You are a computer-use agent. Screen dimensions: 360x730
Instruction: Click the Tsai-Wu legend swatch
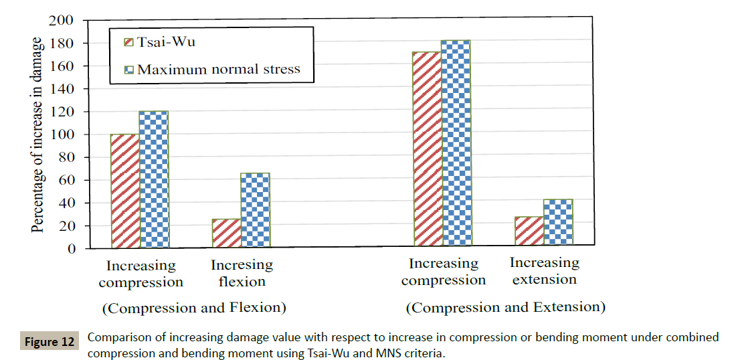(130, 43)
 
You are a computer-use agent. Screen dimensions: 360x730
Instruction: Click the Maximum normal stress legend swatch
(130, 69)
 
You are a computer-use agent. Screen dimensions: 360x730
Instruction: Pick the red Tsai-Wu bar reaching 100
(124, 191)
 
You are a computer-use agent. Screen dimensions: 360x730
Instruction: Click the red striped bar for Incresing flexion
(226, 233)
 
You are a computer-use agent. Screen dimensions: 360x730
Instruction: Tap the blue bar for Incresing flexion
(255, 210)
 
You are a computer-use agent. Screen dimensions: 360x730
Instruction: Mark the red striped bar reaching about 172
(427, 149)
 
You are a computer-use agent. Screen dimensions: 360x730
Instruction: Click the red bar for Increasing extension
(529, 232)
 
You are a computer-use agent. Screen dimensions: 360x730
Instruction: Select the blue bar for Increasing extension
(558, 223)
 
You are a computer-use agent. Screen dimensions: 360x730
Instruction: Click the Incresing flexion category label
(242, 273)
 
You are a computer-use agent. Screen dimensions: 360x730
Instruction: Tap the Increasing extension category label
(544, 271)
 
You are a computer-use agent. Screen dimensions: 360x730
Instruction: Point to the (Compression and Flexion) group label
(194, 308)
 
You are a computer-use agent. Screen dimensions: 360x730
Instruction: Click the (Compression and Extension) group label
(506, 307)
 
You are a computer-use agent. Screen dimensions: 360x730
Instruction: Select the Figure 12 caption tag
(50, 342)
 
